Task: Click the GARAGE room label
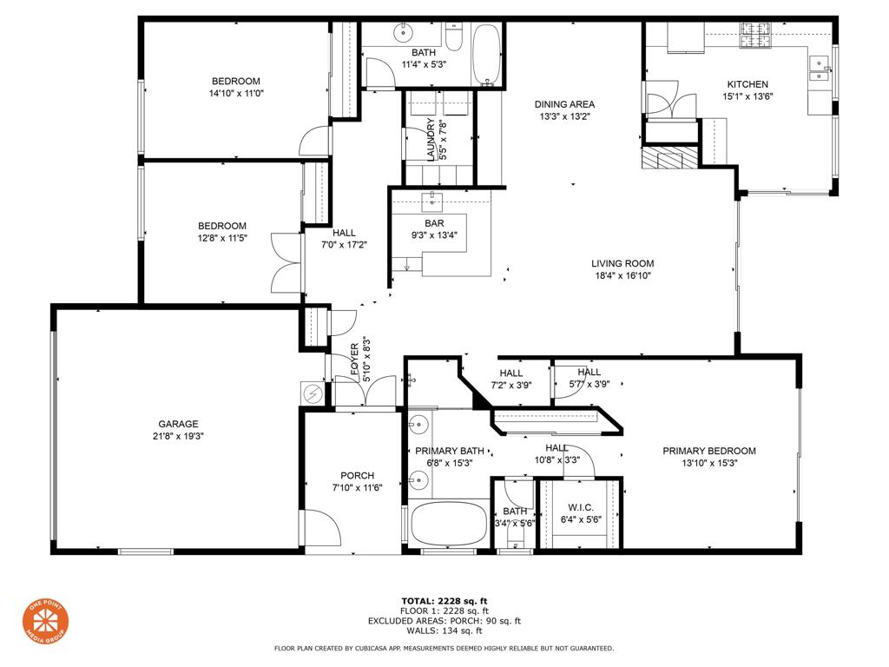click(178, 424)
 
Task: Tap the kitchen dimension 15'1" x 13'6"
click(747, 97)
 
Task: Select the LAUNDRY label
click(431, 140)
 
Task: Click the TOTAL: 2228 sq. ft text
click(444, 600)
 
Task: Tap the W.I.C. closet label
click(580, 507)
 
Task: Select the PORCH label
click(357, 475)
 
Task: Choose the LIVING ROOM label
click(622, 263)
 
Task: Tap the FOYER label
click(354, 360)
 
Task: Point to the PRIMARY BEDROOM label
click(708, 451)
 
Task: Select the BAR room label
click(434, 223)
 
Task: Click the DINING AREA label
click(564, 104)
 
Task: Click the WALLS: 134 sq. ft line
click(444, 631)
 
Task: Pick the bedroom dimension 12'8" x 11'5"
click(222, 237)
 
